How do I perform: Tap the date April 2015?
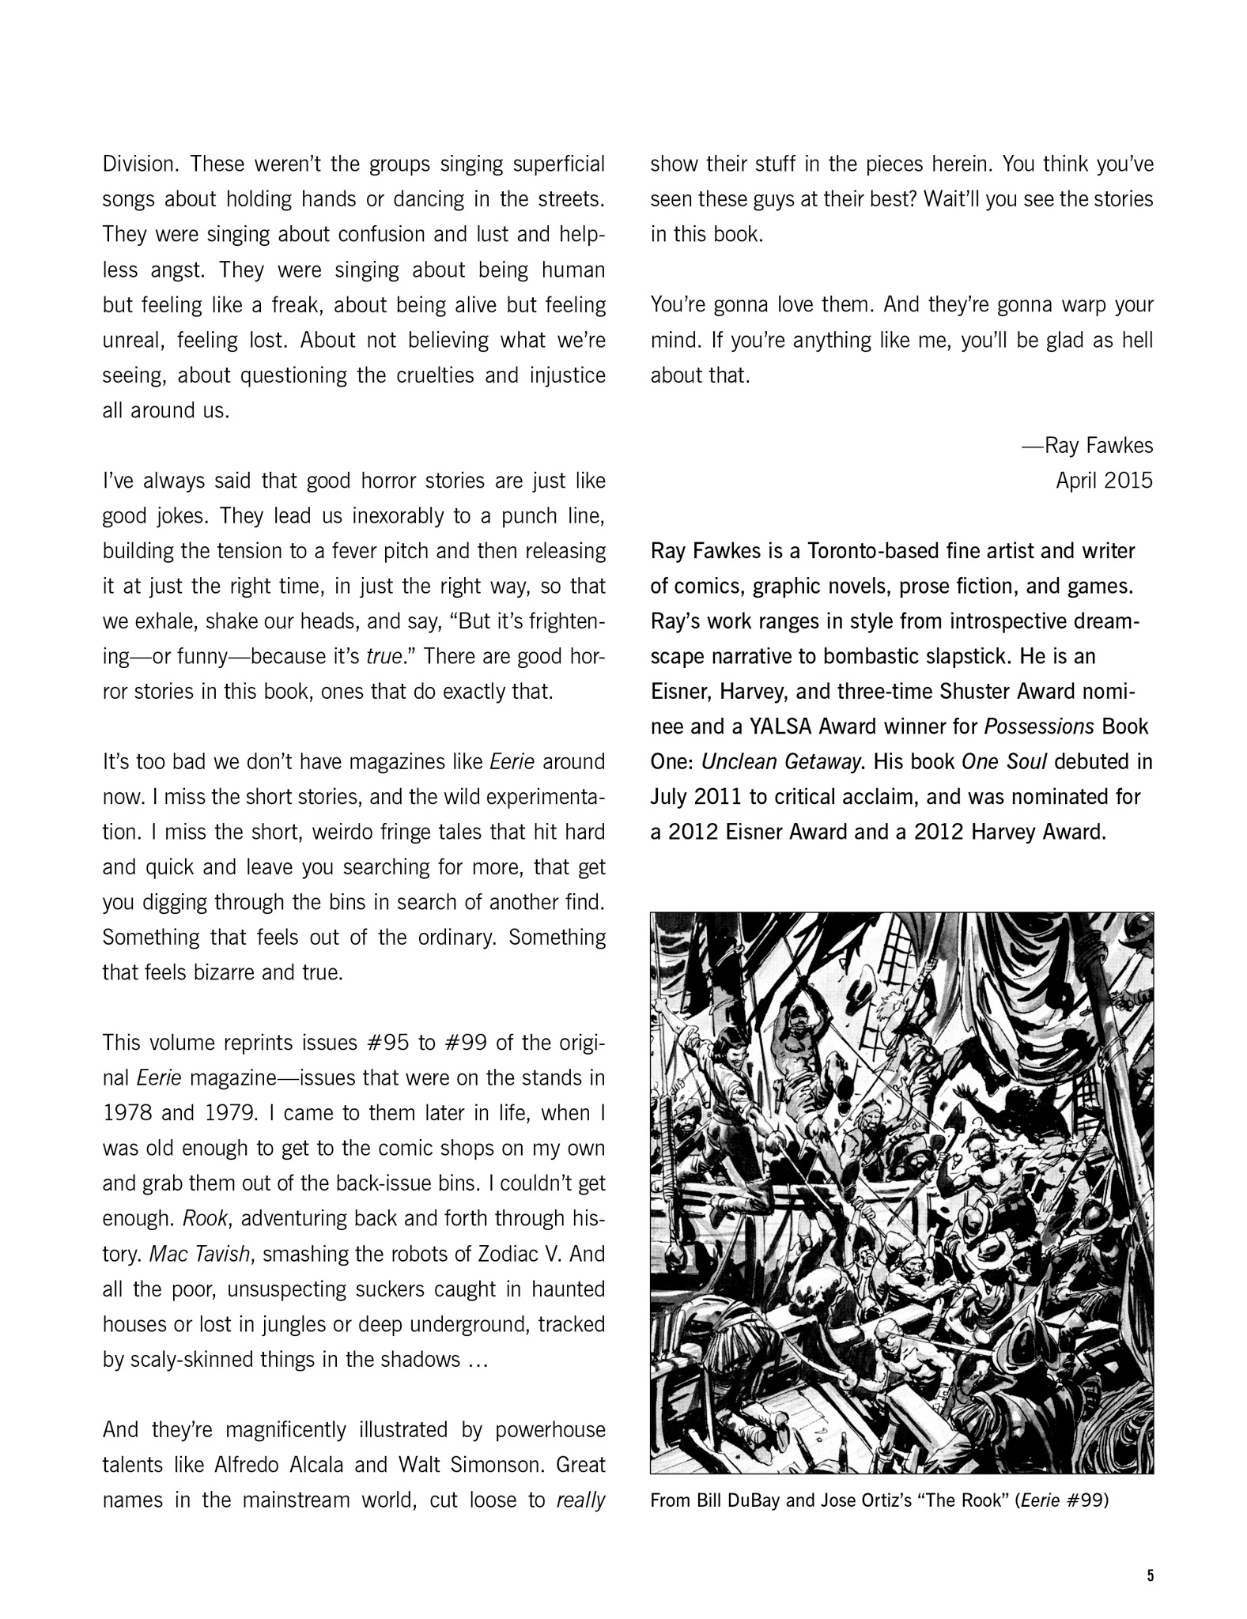1104,481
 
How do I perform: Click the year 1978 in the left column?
127,1113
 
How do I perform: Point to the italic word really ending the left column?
581,1500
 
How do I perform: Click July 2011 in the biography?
697,797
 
